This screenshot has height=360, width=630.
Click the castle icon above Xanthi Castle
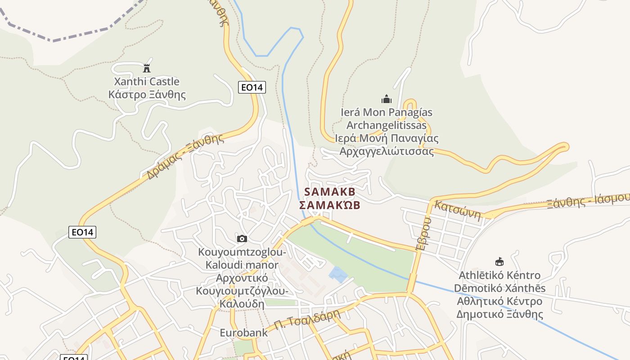[146, 68]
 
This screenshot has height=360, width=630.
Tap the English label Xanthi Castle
[147, 81]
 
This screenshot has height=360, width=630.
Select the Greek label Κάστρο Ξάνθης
[147, 94]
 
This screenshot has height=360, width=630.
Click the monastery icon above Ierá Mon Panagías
[386, 99]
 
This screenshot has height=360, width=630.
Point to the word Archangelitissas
[386, 125]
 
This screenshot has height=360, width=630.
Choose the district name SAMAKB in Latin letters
[330, 192]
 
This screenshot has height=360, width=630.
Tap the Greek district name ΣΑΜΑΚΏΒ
[330, 205]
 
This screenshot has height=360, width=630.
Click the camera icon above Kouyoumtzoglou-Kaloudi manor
[242, 238]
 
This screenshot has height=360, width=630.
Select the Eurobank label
[243, 333]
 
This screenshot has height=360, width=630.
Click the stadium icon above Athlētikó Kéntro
[499, 262]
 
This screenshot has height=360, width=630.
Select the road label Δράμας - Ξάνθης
[185, 157]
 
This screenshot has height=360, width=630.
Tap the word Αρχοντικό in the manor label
[242, 278]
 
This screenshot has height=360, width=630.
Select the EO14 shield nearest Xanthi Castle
[252, 87]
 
